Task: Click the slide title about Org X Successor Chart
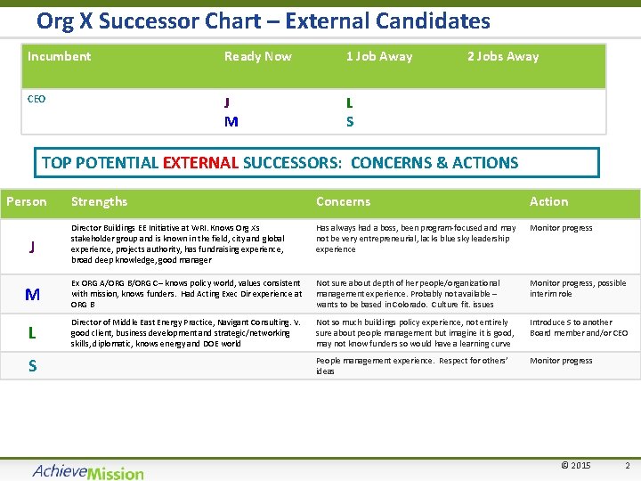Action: [263, 20]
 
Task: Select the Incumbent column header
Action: [59, 56]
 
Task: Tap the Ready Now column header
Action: [257, 56]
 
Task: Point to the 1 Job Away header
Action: [378, 56]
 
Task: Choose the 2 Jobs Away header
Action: [503, 56]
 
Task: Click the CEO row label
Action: [37, 99]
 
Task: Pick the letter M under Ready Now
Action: [231, 121]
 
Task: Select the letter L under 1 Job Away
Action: [350, 102]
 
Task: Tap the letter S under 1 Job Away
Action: [350, 121]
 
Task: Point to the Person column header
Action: [27, 201]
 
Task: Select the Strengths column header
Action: [99, 201]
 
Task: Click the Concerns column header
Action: [343, 201]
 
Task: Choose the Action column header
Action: [548, 201]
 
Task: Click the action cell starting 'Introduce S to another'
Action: [578, 328]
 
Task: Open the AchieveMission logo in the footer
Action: [87, 471]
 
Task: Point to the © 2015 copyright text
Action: [575, 466]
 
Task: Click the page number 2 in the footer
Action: [627, 466]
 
